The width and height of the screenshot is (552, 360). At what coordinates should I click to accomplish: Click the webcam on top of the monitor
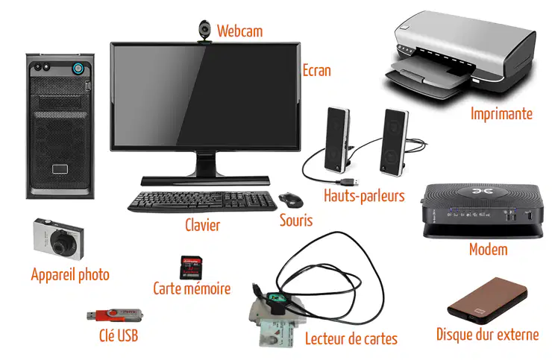(x=204, y=31)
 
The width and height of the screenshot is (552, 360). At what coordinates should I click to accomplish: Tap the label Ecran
(x=317, y=71)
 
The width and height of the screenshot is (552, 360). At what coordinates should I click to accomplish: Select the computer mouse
(x=291, y=200)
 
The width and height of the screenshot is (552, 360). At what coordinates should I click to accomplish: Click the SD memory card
(x=191, y=268)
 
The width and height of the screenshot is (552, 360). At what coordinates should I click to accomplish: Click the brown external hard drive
(x=488, y=300)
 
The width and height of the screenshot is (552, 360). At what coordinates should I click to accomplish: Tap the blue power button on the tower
(x=78, y=69)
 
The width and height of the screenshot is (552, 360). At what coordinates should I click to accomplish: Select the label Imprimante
(x=501, y=114)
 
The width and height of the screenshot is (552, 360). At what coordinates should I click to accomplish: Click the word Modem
(x=489, y=250)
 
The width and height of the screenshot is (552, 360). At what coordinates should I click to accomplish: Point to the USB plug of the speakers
(x=351, y=182)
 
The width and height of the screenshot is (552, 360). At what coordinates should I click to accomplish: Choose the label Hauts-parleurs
(x=364, y=196)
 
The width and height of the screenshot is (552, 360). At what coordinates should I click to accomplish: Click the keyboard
(x=202, y=202)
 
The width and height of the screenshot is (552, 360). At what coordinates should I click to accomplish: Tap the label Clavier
(x=202, y=225)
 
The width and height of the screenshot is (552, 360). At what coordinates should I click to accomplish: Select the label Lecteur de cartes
(x=351, y=338)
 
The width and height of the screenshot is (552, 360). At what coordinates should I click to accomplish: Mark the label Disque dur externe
(x=488, y=334)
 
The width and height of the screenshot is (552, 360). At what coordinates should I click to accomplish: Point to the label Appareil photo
(x=70, y=275)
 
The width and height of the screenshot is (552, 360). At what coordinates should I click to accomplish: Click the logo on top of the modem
(x=481, y=192)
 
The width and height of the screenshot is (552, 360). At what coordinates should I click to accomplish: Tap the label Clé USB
(x=119, y=335)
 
